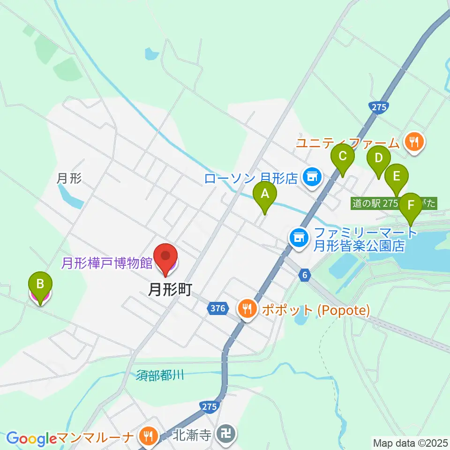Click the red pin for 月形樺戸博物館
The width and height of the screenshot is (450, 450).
[166, 257]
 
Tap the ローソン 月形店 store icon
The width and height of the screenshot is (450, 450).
[311, 177]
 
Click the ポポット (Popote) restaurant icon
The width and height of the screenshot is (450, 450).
[247, 309]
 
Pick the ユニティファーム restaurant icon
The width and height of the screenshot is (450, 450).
[413, 141]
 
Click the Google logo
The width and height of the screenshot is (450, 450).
[31, 439]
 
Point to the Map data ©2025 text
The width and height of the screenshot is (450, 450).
[410, 442]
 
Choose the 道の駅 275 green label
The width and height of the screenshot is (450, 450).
[375, 203]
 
